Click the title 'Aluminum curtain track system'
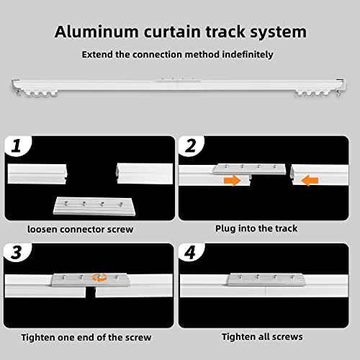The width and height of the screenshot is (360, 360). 180,32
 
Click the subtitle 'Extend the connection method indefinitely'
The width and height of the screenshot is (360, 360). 177,54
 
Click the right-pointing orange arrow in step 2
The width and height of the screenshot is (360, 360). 232,181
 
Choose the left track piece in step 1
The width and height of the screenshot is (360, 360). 37,174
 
